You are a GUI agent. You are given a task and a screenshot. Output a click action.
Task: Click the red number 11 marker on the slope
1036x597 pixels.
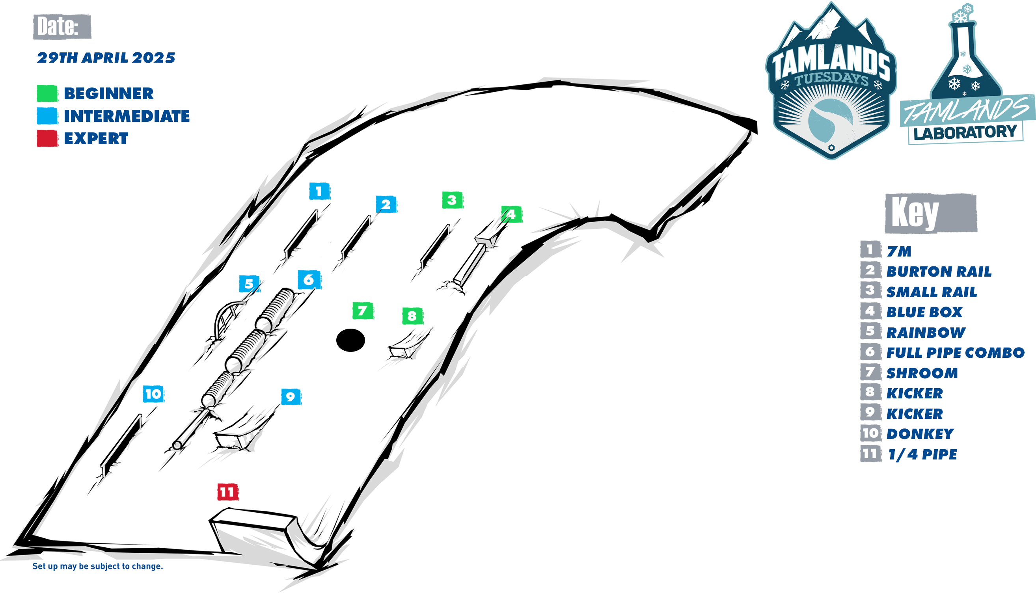pyautogui.click(x=227, y=492)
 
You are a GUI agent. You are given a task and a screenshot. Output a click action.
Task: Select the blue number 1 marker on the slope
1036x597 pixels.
pyautogui.click(x=319, y=191)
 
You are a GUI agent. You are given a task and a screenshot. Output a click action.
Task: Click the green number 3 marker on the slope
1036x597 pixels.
pyautogui.click(x=453, y=200)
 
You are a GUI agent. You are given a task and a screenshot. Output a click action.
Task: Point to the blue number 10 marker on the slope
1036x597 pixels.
pyautogui.click(x=153, y=394)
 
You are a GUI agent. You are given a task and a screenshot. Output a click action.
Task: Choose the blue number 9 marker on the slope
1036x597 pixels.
pyautogui.click(x=291, y=397)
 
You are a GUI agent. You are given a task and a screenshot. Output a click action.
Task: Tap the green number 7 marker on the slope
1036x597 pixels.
pyautogui.click(x=363, y=311)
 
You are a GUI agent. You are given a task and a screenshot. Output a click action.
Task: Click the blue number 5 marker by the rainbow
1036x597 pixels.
pyautogui.click(x=250, y=284)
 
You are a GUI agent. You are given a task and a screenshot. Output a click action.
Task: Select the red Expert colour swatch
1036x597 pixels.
pyautogui.click(x=47, y=139)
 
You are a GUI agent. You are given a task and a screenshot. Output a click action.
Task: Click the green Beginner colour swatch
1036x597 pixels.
pyautogui.click(x=47, y=93)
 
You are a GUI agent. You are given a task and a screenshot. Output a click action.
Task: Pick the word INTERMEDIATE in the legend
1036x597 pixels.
pyautogui.click(x=127, y=116)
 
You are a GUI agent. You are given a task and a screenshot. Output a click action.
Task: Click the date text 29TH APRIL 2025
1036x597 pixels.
pyautogui.click(x=106, y=58)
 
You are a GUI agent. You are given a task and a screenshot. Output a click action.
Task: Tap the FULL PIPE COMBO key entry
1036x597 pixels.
pyautogui.click(x=955, y=353)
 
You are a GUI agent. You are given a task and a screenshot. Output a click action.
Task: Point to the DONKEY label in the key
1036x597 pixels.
pyautogui.click(x=920, y=434)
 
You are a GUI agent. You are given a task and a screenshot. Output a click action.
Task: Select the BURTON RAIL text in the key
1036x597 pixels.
pyautogui.click(x=939, y=272)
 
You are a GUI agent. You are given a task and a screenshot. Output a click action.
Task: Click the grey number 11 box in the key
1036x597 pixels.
pyautogui.click(x=870, y=454)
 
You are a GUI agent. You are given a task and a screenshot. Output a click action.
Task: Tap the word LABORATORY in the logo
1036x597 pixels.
pyautogui.click(x=965, y=132)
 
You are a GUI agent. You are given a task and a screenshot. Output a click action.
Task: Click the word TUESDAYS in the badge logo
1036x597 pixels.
pyautogui.click(x=831, y=79)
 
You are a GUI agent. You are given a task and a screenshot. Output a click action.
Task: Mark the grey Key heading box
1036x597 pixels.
pyautogui.click(x=931, y=213)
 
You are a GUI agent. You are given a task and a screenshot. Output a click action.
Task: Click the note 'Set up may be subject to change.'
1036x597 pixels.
pyautogui.click(x=98, y=566)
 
